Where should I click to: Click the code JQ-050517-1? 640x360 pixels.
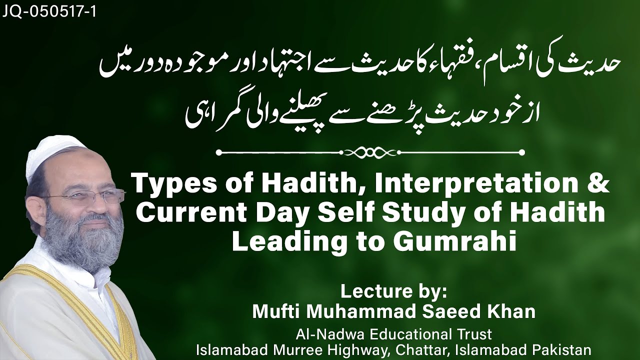48,11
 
